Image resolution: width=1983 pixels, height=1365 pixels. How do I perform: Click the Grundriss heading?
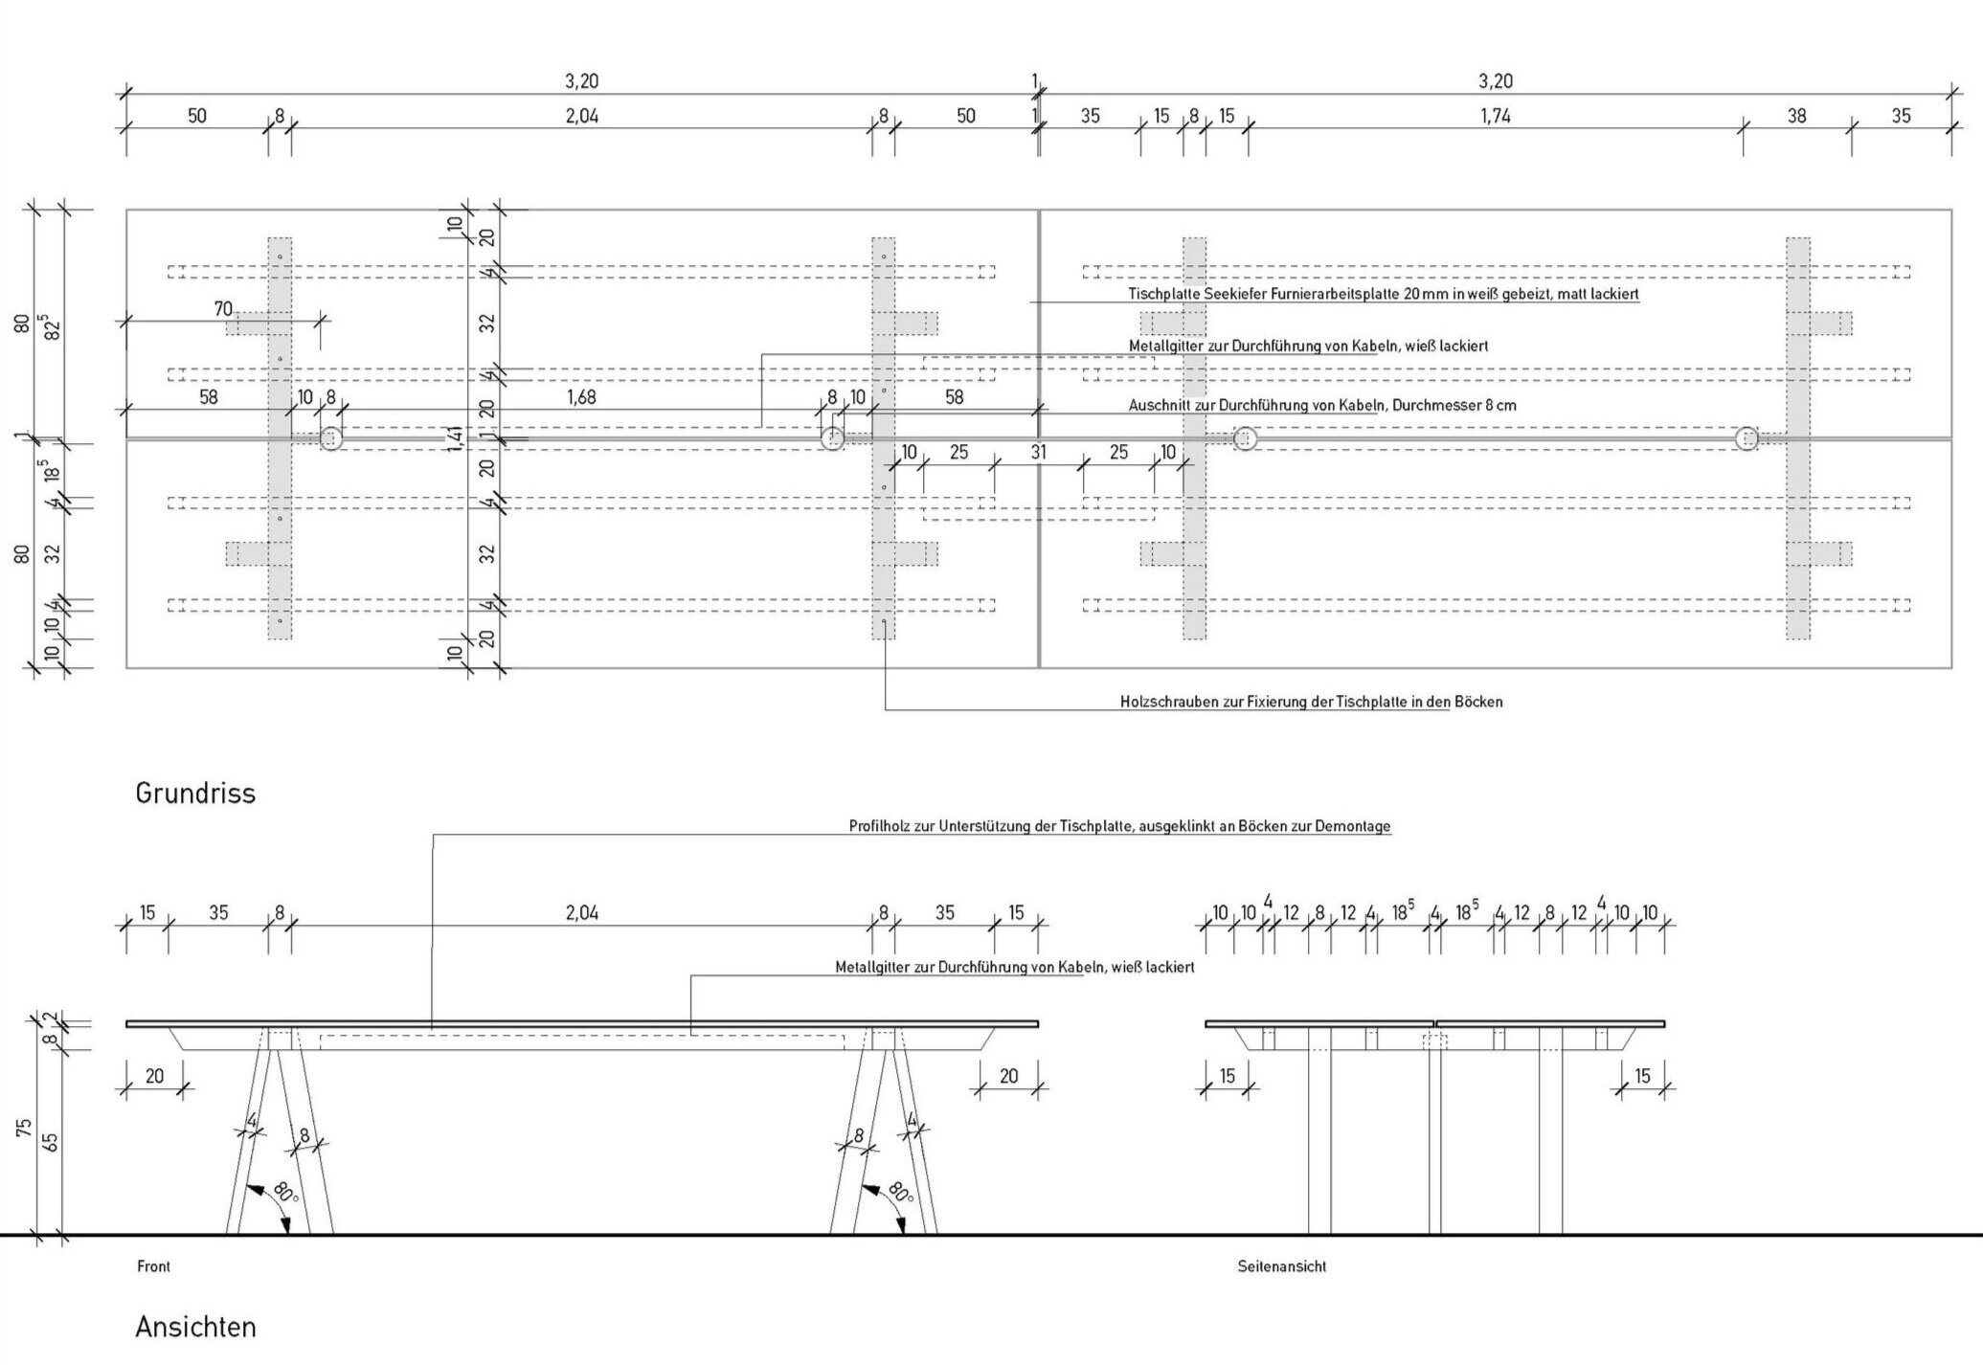pyautogui.click(x=195, y=794)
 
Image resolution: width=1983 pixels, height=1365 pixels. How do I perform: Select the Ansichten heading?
pyautogui.click(x=195, y=1328)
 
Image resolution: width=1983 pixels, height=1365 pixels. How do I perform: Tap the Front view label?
pyautogui.click(x=153, y=1266)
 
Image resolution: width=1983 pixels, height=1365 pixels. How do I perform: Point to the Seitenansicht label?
pyautogui.click(x=1281, y=1266)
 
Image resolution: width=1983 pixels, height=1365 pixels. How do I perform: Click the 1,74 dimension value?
pyautogui.click(x=1495, y=116)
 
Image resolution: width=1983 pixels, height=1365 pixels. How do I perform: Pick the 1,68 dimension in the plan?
pyautogui.click(x=581, y=397)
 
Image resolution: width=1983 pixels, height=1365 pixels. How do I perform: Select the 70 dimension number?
pyautogui.click(x=222, y=309)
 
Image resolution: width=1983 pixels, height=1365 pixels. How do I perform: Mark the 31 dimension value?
pyautogui.click(x=1038, y=452)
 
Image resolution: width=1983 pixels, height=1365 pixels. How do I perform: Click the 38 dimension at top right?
pyautogui.click(x=1796, y=116)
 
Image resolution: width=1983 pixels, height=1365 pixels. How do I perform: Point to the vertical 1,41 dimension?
pyautogui.click(x=456, y=437)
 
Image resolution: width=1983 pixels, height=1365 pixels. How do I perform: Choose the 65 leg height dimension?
pyautogui.click(x=52, y=1141)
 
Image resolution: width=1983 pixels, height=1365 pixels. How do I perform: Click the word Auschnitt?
pyautogui.click(x=1159, y=406)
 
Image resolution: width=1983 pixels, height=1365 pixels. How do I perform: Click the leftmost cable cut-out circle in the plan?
pyautogui.click(x=330, y=439)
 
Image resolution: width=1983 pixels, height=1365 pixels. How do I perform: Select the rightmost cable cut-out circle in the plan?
pyautogui.click(x=1746, y=439)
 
